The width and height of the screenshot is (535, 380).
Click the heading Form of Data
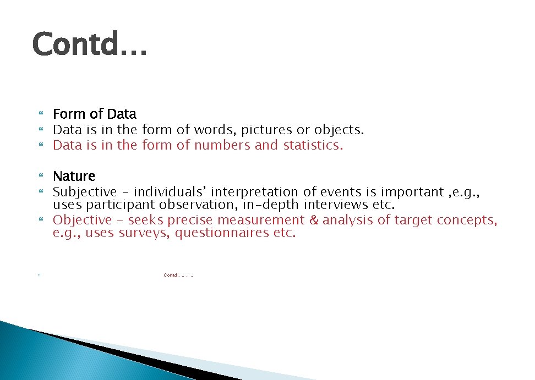tap(94, 114)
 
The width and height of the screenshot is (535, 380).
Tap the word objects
tap(339, 130)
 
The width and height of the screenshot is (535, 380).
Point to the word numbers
tap(222, 146)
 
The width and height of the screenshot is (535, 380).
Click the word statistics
tap(313, 146)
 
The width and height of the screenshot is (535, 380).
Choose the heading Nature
tap(74, 177)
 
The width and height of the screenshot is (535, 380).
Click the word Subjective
tap(85, 192)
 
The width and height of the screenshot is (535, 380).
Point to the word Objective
tap(82, 220)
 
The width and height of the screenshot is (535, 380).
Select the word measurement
tap(260, 220)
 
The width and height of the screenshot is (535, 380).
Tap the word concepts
tap(467, 220)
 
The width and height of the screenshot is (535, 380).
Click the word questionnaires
tap(223, 233)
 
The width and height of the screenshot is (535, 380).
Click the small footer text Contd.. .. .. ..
tap(171, 275)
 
